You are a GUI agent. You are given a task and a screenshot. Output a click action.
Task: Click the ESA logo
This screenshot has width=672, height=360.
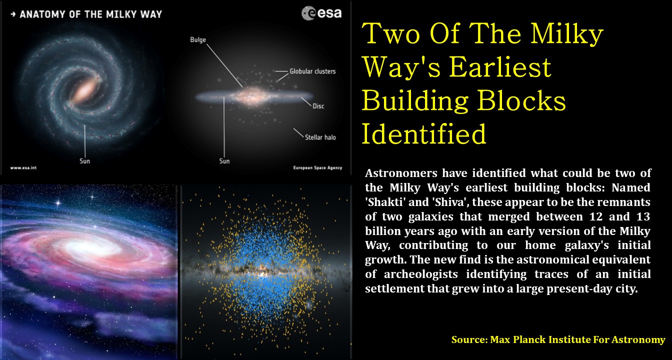[321, 13]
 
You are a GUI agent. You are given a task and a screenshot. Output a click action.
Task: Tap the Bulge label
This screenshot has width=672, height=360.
[198, 40]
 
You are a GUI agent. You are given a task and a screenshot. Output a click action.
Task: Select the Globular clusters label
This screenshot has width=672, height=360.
[312, 71]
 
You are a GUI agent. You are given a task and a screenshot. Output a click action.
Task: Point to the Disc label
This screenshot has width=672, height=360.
[318, 106]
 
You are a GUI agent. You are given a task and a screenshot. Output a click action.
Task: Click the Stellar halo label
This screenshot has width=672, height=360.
[320, 137]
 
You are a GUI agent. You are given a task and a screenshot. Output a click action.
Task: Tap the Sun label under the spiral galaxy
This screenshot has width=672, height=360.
[84, 161]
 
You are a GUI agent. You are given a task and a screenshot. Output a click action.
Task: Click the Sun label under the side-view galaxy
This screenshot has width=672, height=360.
[224, 161]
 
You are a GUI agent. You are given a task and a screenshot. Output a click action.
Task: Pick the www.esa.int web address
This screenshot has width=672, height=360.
[23, 167]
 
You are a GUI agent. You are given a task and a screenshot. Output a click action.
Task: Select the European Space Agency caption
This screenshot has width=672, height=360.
[317, 168]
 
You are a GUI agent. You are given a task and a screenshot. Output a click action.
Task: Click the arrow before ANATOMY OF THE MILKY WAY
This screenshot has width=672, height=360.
[13, 14]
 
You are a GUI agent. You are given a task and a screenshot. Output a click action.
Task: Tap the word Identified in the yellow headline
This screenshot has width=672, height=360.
[424, 134]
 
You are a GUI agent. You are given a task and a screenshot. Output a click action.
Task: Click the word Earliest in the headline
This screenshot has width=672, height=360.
[500, 67]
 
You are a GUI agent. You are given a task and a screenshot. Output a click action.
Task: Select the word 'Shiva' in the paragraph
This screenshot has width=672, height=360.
[450, 202]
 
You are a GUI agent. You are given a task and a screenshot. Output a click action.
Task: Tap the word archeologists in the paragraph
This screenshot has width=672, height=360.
[421, 274]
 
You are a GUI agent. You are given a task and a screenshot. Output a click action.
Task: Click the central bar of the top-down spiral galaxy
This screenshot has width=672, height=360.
[85, 91]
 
